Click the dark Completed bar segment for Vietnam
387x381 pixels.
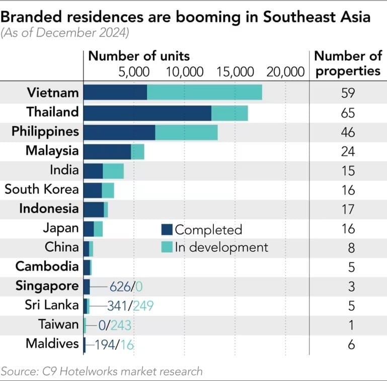pyautogui.click(x=115, y=92)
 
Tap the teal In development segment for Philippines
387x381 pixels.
pyautogui.click(x=186, y=132)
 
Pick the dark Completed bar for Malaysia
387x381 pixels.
pyautogui.click(x=107, y=151)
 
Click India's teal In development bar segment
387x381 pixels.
pyautogui.click(x=113, y=171)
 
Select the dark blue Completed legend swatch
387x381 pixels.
pyautogui.click(x=167, y=230)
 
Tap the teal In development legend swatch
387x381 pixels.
pyautogui.click(x=167, y=247)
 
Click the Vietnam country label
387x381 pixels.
pyautogui.click(x=53, y=92)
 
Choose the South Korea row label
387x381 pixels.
pyautogui.click(x=41, y=189)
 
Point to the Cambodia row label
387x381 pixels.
pyautogui.click(x=47, y=266)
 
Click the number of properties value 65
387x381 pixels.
pyautogui.click(x=348, y=113)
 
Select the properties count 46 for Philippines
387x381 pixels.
pyautogui.click(x=348, y=132)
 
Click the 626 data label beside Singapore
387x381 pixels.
pyautogui.click(x=120, y=287)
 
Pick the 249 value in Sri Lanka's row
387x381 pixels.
pyautogui.click(x=143, y=306)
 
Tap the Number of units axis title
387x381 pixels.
pyautogui.click(x=139, y=55)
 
